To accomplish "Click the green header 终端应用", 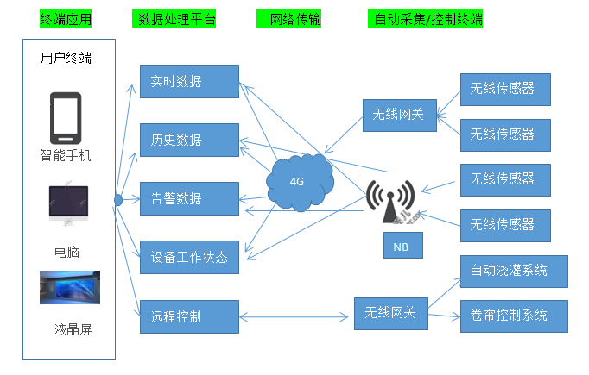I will (x=66, y=18).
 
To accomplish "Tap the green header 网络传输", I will (x=290, y=18).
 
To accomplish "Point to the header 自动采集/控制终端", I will (x=425, y=18).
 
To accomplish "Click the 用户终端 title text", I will (x=66, y=59).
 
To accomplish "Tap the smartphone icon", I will (x=66, y=117).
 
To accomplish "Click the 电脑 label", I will (x=66, y=252).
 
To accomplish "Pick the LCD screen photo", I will (x=69, y=288).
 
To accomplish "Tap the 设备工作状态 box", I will (x=188, y=257).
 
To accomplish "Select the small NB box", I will (x=401, y=245).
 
